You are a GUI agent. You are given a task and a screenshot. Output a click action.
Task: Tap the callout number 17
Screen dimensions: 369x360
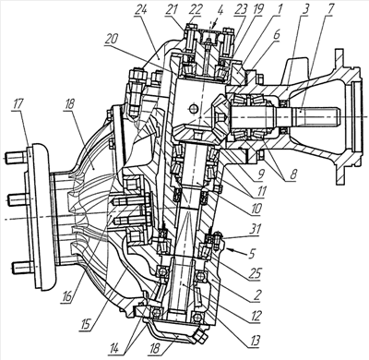[x=18, y=103]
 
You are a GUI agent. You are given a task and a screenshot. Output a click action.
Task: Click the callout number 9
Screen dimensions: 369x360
[x=262, y=174]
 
